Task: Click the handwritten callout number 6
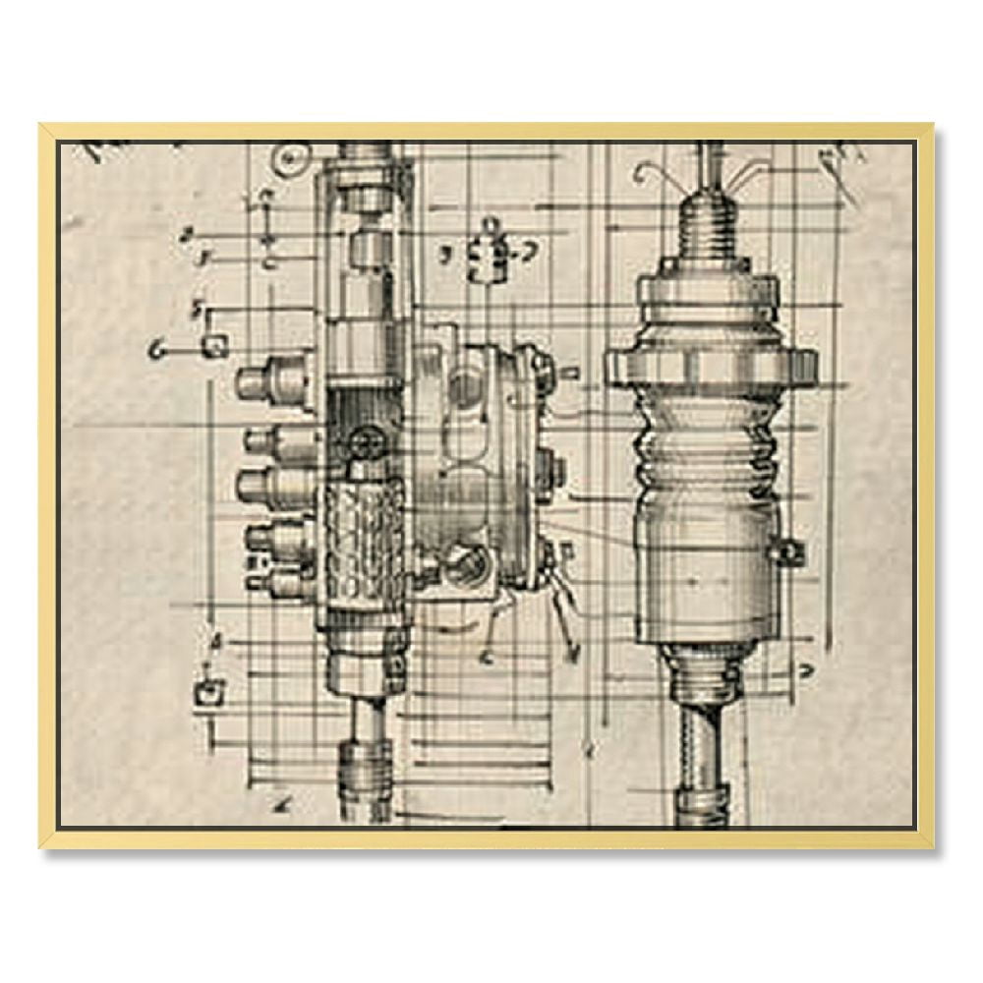click(x=155, y=349)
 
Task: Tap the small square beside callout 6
click(x=215, y=344)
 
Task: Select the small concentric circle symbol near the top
click(x=288, y=157)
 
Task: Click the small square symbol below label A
click(x=208, y=690)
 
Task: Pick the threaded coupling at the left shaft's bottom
click(x=366, y=772)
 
